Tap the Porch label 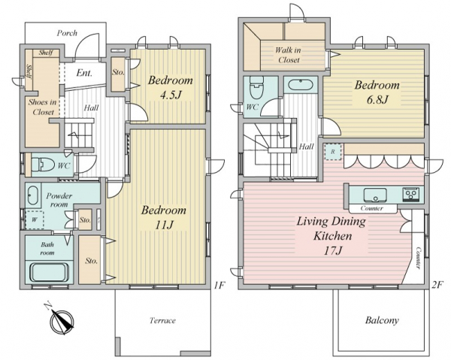click(67, 33)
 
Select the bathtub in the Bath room click(50, 272)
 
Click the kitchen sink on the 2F click(375, 195)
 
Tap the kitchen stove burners click(410, 194)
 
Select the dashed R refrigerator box click(332, 152)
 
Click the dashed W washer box click(35, 219)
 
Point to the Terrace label click(162, 320)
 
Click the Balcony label click(382, 320)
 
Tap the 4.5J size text click(170, 95)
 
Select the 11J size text click(164, 225)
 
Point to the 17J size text click(333, 251)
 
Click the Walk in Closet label click(288, 55)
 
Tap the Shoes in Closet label click(42, 107)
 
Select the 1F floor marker click(219, 285)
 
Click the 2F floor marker click(437, 285)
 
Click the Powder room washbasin click(32, 195)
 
